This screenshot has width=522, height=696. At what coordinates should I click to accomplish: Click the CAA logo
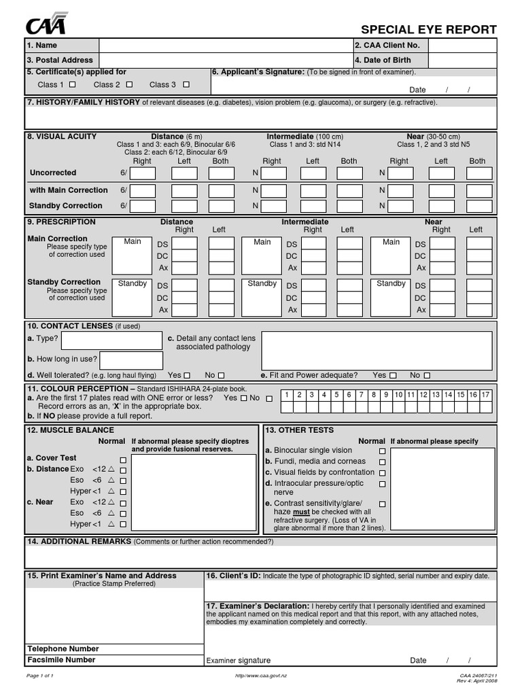(47, 24)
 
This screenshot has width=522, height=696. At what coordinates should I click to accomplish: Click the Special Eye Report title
(428, 30)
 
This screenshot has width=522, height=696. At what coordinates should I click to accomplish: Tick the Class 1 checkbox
(73, 85)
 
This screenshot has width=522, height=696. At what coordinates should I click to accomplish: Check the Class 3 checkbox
(186, 85)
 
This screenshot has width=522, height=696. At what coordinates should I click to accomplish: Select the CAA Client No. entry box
(462, 46)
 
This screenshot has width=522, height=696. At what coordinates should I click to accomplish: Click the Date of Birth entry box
(462, 60)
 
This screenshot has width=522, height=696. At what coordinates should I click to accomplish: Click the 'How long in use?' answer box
(131, 360)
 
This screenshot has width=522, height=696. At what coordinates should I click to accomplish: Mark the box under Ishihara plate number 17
(485, 407)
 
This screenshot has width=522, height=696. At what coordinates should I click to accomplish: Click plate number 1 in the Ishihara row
(287, 395)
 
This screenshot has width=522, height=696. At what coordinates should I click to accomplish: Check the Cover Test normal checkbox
(123, 460)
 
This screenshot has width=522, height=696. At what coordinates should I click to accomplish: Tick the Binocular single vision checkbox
(382, 451)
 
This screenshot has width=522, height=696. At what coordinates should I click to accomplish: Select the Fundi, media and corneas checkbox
(382, 462)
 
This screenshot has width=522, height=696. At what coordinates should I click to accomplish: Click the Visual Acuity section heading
(61, 137)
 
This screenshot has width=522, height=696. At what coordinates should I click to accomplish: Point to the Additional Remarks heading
(78, 542)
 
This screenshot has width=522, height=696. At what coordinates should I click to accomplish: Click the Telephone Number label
(63, 649)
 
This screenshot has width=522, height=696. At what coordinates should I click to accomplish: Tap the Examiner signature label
(238, 661)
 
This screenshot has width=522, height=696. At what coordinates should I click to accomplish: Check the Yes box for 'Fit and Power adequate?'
(392, 375)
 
